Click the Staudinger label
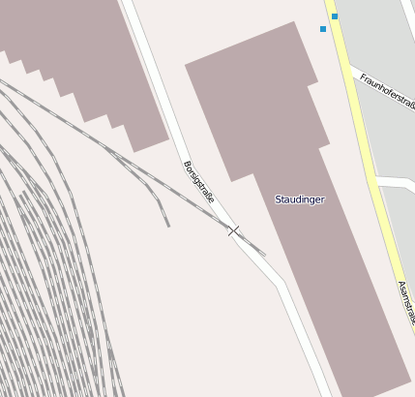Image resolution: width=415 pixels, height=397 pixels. pyautogui.click(x=300, y=199)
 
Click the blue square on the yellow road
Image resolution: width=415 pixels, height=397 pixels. pyautogui.click(x=335, y=16)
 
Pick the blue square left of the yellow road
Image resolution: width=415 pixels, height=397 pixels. pyautogui.click(x=323, y=29)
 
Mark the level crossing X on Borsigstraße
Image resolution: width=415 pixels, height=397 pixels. pyautogui.click(x=233, y=230)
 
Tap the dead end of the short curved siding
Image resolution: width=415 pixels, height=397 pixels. pyautogui.click(x=167, y=226)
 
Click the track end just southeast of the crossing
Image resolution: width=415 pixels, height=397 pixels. pyautogui.click(x=265, y=255)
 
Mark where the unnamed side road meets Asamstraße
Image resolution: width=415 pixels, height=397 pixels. pyautogui.click(x=378, y=184)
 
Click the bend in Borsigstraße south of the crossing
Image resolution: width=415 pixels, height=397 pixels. pyautogui.click(x=281, y=286)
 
